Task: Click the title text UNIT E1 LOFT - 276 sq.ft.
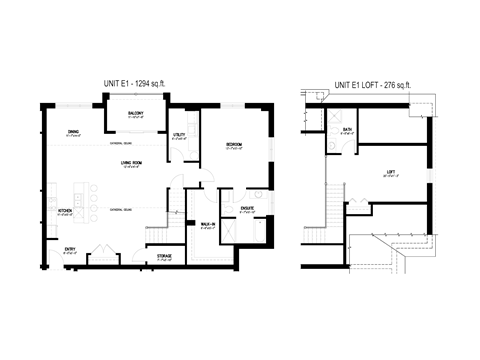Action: (371, 85)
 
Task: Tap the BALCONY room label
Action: (135, 113)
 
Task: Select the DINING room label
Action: (73, 132)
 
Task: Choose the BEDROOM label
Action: (234, 144)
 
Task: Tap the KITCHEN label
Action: (64, 211)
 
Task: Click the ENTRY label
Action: (70, 249)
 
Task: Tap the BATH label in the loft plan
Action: (347, 130)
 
